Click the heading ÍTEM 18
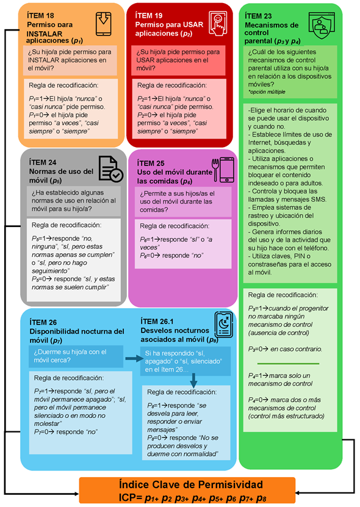point(40,15)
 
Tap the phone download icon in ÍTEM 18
point(103,24)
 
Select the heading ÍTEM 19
point(149,15)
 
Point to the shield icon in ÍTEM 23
point(322,26)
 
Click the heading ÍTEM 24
point(43,162)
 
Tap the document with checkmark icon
point(110,168)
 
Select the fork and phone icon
point(223,170)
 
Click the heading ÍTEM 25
point(151,164)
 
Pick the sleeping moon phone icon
point(224,325)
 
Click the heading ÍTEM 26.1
point(157,322)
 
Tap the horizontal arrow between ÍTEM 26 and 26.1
point(134,358)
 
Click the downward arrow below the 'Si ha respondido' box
point(193,381)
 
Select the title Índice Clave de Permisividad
point(191,484)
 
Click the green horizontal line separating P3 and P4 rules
point(288,364)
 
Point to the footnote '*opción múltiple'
point(267,92)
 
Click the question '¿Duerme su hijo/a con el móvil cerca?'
point(70,356)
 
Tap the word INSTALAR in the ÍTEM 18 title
point(45,34)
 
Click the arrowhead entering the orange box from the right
point(298,493)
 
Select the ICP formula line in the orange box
point(192,498)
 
